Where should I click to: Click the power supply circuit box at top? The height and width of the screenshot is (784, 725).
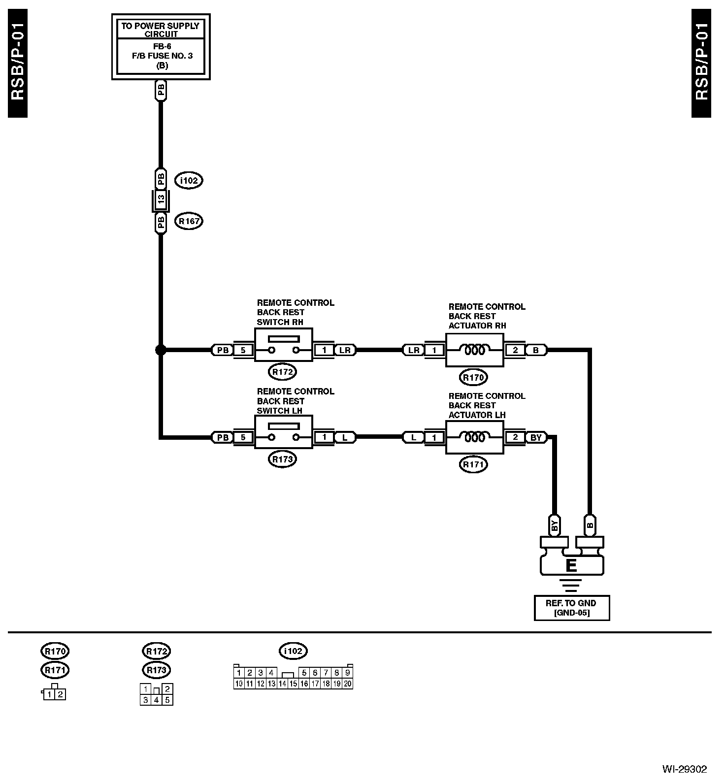[161, 47]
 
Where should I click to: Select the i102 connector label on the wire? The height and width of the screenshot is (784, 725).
[189, 181]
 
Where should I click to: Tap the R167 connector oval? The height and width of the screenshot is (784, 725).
[189, 221]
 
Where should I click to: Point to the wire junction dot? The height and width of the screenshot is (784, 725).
[161, 350]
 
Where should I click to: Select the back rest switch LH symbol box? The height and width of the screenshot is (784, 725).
[283, 432]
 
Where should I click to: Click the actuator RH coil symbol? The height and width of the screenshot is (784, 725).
[474, 350]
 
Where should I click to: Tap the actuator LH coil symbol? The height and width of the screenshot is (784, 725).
[474, 437]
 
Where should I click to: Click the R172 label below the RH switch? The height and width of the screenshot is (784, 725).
[283, 372]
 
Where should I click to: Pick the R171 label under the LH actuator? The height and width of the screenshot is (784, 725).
[473, 464]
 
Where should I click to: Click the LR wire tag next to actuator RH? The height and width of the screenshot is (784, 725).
[413, 350]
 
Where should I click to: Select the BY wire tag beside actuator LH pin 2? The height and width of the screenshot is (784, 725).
[536, 437]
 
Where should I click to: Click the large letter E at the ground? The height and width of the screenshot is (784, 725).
[571, 565]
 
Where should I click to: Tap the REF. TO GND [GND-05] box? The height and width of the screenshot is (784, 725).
[571, 608]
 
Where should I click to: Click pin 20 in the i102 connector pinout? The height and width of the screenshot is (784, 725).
[348, 684]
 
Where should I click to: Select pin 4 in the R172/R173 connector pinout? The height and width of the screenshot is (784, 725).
[156, 699]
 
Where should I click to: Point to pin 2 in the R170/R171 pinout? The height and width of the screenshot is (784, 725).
[60, 694]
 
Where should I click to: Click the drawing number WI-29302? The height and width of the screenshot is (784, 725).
[684, 769]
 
